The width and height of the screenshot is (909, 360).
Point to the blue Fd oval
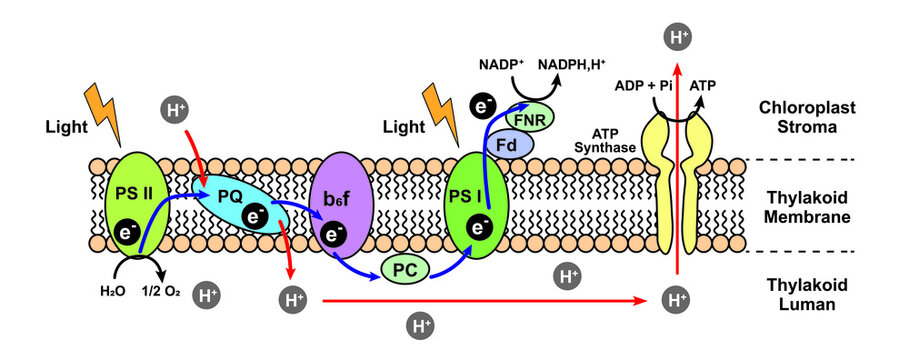(507, 144)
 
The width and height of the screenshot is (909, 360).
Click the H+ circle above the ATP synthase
(680, 39)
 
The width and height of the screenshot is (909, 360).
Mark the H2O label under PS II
(112, 291)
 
